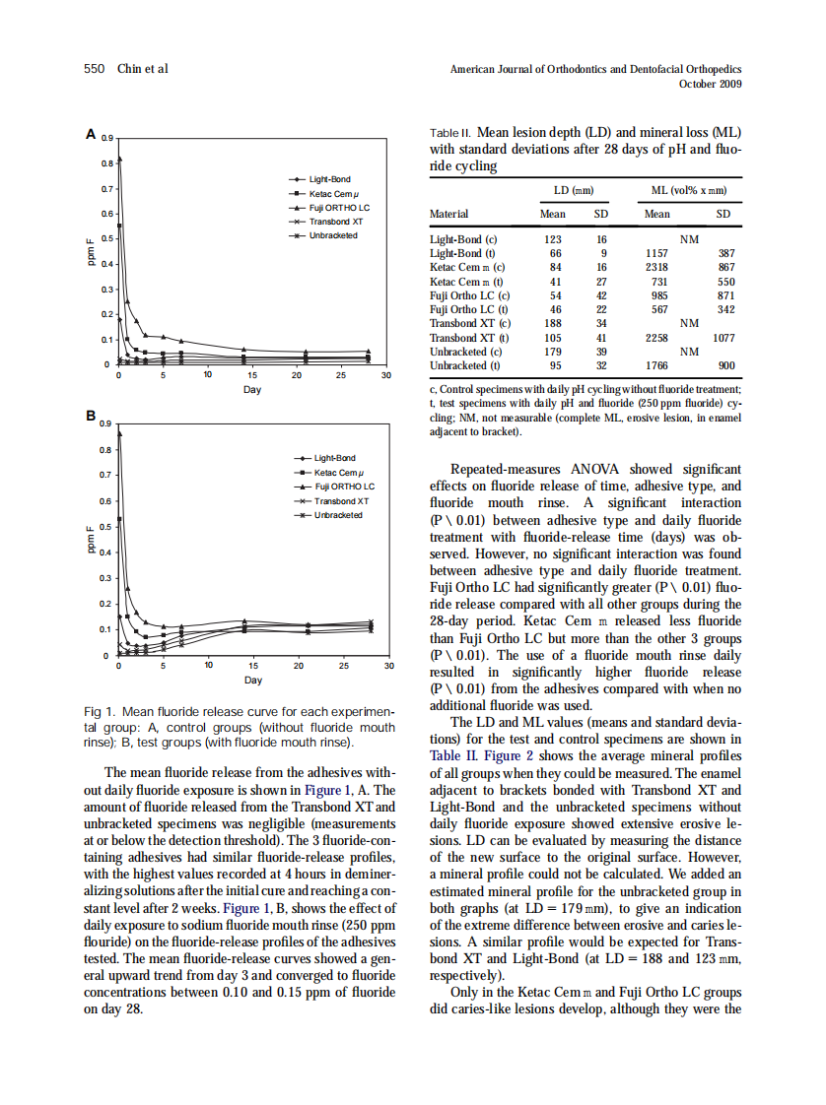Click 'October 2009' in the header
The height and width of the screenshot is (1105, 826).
[x=711, y=84]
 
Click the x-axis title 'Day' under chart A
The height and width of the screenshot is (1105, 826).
[x=252, y=390]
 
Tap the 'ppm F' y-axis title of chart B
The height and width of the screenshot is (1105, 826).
[x=91, y=541]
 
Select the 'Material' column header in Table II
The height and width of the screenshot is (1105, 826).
[x=449, y=214]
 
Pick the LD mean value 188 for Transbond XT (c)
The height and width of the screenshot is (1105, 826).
[x=553, y=322]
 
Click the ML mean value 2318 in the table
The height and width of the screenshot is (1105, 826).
[x=656, y=267]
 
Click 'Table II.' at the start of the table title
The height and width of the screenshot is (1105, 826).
[x=451, y=133]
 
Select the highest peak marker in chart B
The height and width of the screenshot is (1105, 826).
[x=119, y=432]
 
